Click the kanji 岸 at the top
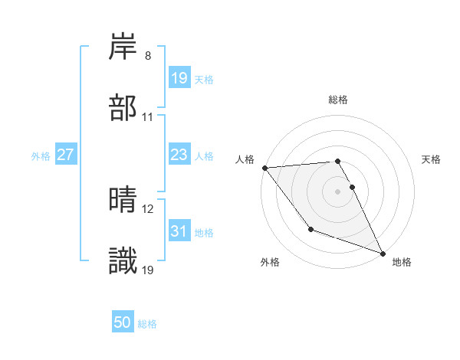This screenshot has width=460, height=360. tap(123, 47)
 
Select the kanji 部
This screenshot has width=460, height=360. tap(123, 108)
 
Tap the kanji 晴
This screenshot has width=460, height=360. tap(123, 200)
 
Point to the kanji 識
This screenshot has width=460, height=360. tap(123, 262)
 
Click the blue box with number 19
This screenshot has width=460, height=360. tap(179, 77)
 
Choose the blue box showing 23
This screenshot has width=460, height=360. tap(179, 155)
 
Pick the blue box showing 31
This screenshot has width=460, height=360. tap(179, 231)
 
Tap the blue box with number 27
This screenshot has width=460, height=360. tap(65, 155)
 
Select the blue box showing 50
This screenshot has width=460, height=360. tap(123, 323)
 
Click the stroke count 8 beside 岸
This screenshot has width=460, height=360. tap(148, 56)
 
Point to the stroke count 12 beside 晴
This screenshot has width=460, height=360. tap(148, 209)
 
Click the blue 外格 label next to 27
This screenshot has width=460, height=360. tap(41, 155)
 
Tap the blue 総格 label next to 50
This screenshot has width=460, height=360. tap(147, 324)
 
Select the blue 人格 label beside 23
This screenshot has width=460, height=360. tap(204, 155)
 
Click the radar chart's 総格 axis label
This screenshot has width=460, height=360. tap(338, 100)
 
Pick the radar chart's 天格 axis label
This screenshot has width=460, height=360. tap(432, 159)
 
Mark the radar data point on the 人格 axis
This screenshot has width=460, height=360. tap(264, 168)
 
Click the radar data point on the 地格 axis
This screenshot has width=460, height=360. tap(383, 253)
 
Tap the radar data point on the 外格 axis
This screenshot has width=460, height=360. tap(310, 229)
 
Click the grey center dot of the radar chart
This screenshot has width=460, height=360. tap(338, 191)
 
